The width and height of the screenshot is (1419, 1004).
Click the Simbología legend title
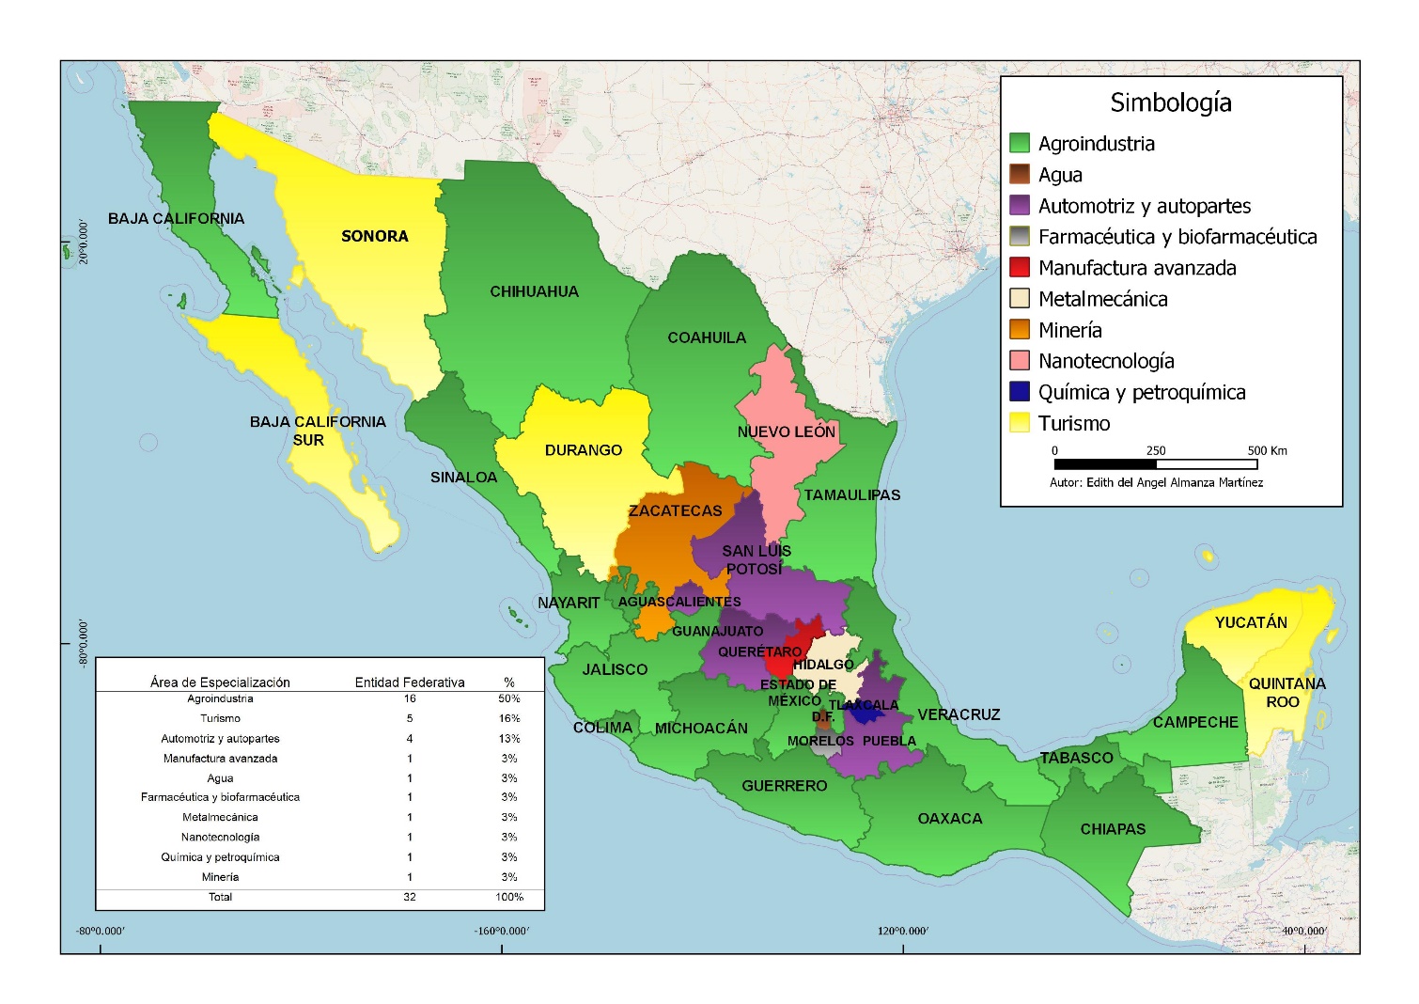point(1170,102)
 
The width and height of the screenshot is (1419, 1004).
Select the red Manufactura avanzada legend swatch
point(1020,268)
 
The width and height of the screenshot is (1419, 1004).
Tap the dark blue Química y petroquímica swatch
point(1020,392)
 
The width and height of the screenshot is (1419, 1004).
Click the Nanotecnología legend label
point(1105,361)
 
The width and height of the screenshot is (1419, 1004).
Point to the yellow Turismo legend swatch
point(1020,423)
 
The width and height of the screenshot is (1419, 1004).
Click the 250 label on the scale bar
point(1155,450)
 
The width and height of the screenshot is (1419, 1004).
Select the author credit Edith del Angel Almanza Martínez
point(1156,482)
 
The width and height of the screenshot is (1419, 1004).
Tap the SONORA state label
point(374,236)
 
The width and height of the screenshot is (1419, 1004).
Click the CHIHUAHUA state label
point(534,291)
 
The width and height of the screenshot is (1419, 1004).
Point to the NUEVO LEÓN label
point(786,431)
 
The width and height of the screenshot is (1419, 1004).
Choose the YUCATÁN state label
point(1250,622)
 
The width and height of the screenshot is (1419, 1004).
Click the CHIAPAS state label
point(1113,829)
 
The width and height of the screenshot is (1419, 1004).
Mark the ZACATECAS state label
point(675,510)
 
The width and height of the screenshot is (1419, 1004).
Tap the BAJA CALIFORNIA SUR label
point(317,431)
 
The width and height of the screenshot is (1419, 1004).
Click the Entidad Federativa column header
point(409,682)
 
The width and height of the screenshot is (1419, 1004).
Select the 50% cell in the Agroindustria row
point(508,698)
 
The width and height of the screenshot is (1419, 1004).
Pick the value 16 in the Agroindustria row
point(409,698)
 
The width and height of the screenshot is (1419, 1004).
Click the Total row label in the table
point(220,897)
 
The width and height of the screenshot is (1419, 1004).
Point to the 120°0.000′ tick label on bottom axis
point(902,931)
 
